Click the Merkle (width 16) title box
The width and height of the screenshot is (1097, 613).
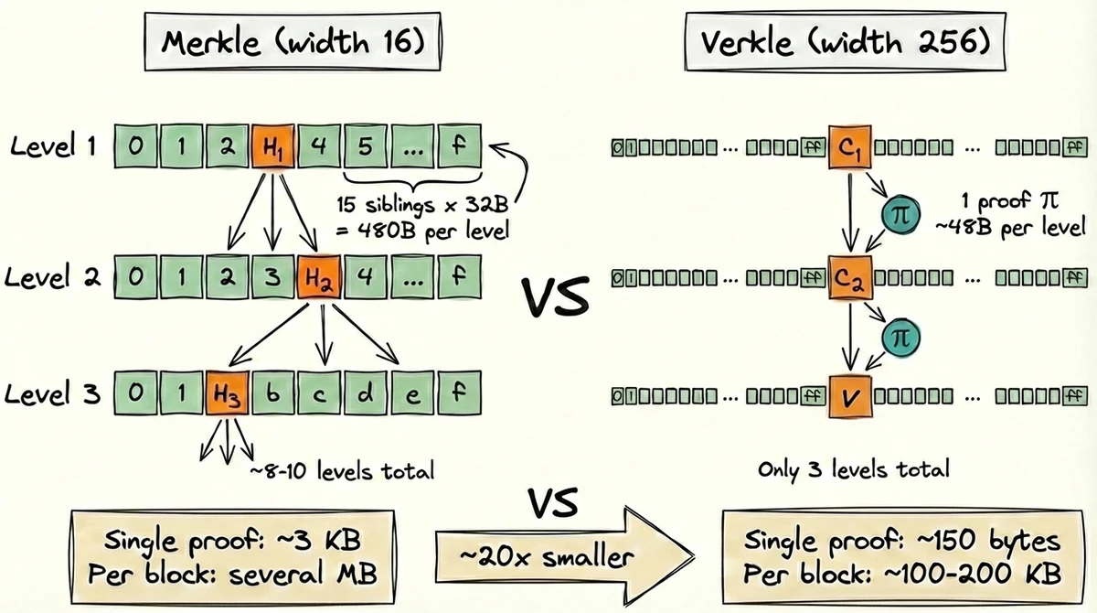(x=293, y=43)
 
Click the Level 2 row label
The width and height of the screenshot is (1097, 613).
(x=54, y=275)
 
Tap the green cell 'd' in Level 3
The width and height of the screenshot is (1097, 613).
(x=366, y=394)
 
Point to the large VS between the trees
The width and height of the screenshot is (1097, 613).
(x=556, y=298)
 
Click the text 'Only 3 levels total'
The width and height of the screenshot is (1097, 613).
(x=854, y=470)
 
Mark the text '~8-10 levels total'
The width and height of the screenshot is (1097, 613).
(x=341, y=471)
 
